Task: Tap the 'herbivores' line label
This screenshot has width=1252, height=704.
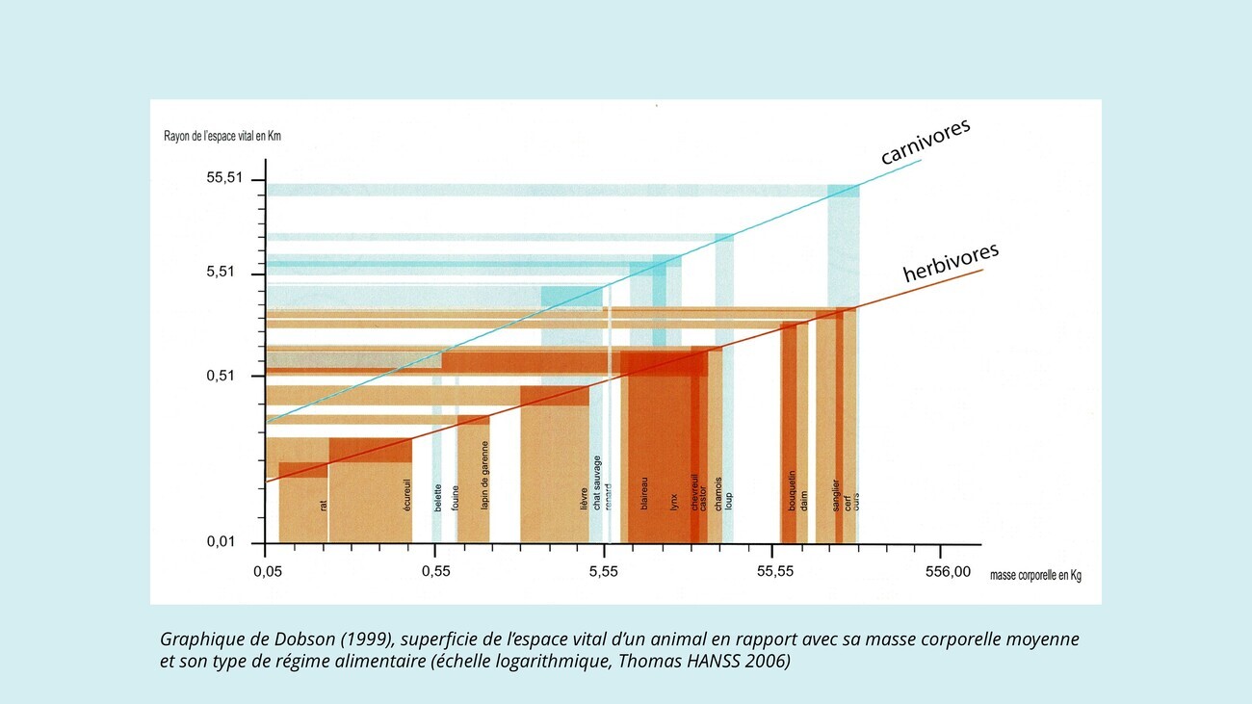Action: [950, 261]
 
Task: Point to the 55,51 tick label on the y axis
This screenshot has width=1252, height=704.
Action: [225, 178]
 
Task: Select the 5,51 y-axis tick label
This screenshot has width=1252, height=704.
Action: [222, 273]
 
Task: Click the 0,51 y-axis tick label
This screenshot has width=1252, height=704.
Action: [222, 376]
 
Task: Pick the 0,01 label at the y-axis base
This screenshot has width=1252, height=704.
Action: [222, 542]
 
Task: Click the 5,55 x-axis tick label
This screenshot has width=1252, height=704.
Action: [603, 573]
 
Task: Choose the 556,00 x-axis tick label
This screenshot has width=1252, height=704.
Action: [948, 573]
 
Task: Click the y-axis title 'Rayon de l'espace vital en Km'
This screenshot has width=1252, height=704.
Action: [222, 137]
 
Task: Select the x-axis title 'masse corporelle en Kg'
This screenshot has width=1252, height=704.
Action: [1035, 576]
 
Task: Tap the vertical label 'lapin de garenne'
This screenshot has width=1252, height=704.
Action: [485, 476]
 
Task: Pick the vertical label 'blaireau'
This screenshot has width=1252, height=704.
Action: [644, 493]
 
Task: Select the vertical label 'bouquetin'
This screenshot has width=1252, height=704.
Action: [792, 490]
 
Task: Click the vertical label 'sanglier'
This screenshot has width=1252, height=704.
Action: [836, 494]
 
